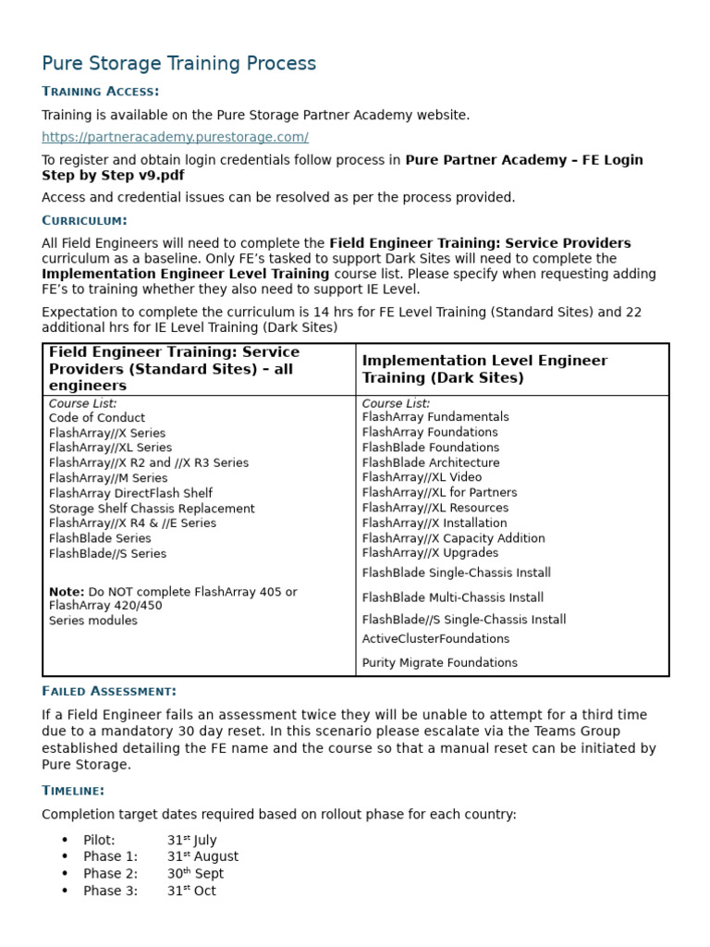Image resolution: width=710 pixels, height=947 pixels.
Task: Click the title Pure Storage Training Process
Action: coord(178,64)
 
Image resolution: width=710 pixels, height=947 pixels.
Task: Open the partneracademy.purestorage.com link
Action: coord(175,137)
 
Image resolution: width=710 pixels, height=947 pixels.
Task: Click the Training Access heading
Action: coord(100,91)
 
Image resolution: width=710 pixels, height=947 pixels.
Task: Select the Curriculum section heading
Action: coord(84,220)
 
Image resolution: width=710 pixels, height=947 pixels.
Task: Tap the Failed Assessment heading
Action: coord(108,691)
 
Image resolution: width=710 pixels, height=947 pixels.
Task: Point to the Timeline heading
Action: coord(73,790)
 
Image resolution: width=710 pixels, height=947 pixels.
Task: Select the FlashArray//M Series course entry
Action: coord(108,478)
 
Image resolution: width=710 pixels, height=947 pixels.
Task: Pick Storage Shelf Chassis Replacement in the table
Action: coord(152,509)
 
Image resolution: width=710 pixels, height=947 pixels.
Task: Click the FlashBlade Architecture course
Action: coord(431,462)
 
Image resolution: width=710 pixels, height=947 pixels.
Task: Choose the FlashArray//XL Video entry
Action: coord(422,477)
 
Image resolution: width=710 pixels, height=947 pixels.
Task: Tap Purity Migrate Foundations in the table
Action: coord(440,662)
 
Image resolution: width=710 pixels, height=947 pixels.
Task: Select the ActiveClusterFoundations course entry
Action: coord(435,639)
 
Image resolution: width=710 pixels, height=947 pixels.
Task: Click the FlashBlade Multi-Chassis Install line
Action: coord(453,597)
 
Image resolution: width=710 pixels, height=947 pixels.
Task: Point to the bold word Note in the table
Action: coord(66,592)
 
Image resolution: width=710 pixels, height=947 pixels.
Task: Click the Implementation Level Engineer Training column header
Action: coord(484,369)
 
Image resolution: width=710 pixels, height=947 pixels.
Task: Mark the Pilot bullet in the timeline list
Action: coord(99,840)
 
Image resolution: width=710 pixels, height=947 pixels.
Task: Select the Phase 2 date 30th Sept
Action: coord(195,873)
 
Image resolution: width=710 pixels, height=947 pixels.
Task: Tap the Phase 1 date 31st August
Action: coord(202,856)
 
